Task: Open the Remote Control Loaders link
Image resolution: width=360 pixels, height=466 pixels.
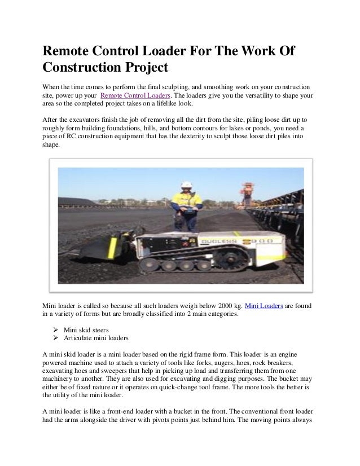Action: [x=132, y=96]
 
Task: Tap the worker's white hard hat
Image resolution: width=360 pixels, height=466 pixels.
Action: [x=186, y=185]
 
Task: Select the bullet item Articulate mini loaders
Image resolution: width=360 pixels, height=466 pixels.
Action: [x=96, y=338]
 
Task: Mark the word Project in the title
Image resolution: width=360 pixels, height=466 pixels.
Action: [x=147, y=69]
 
